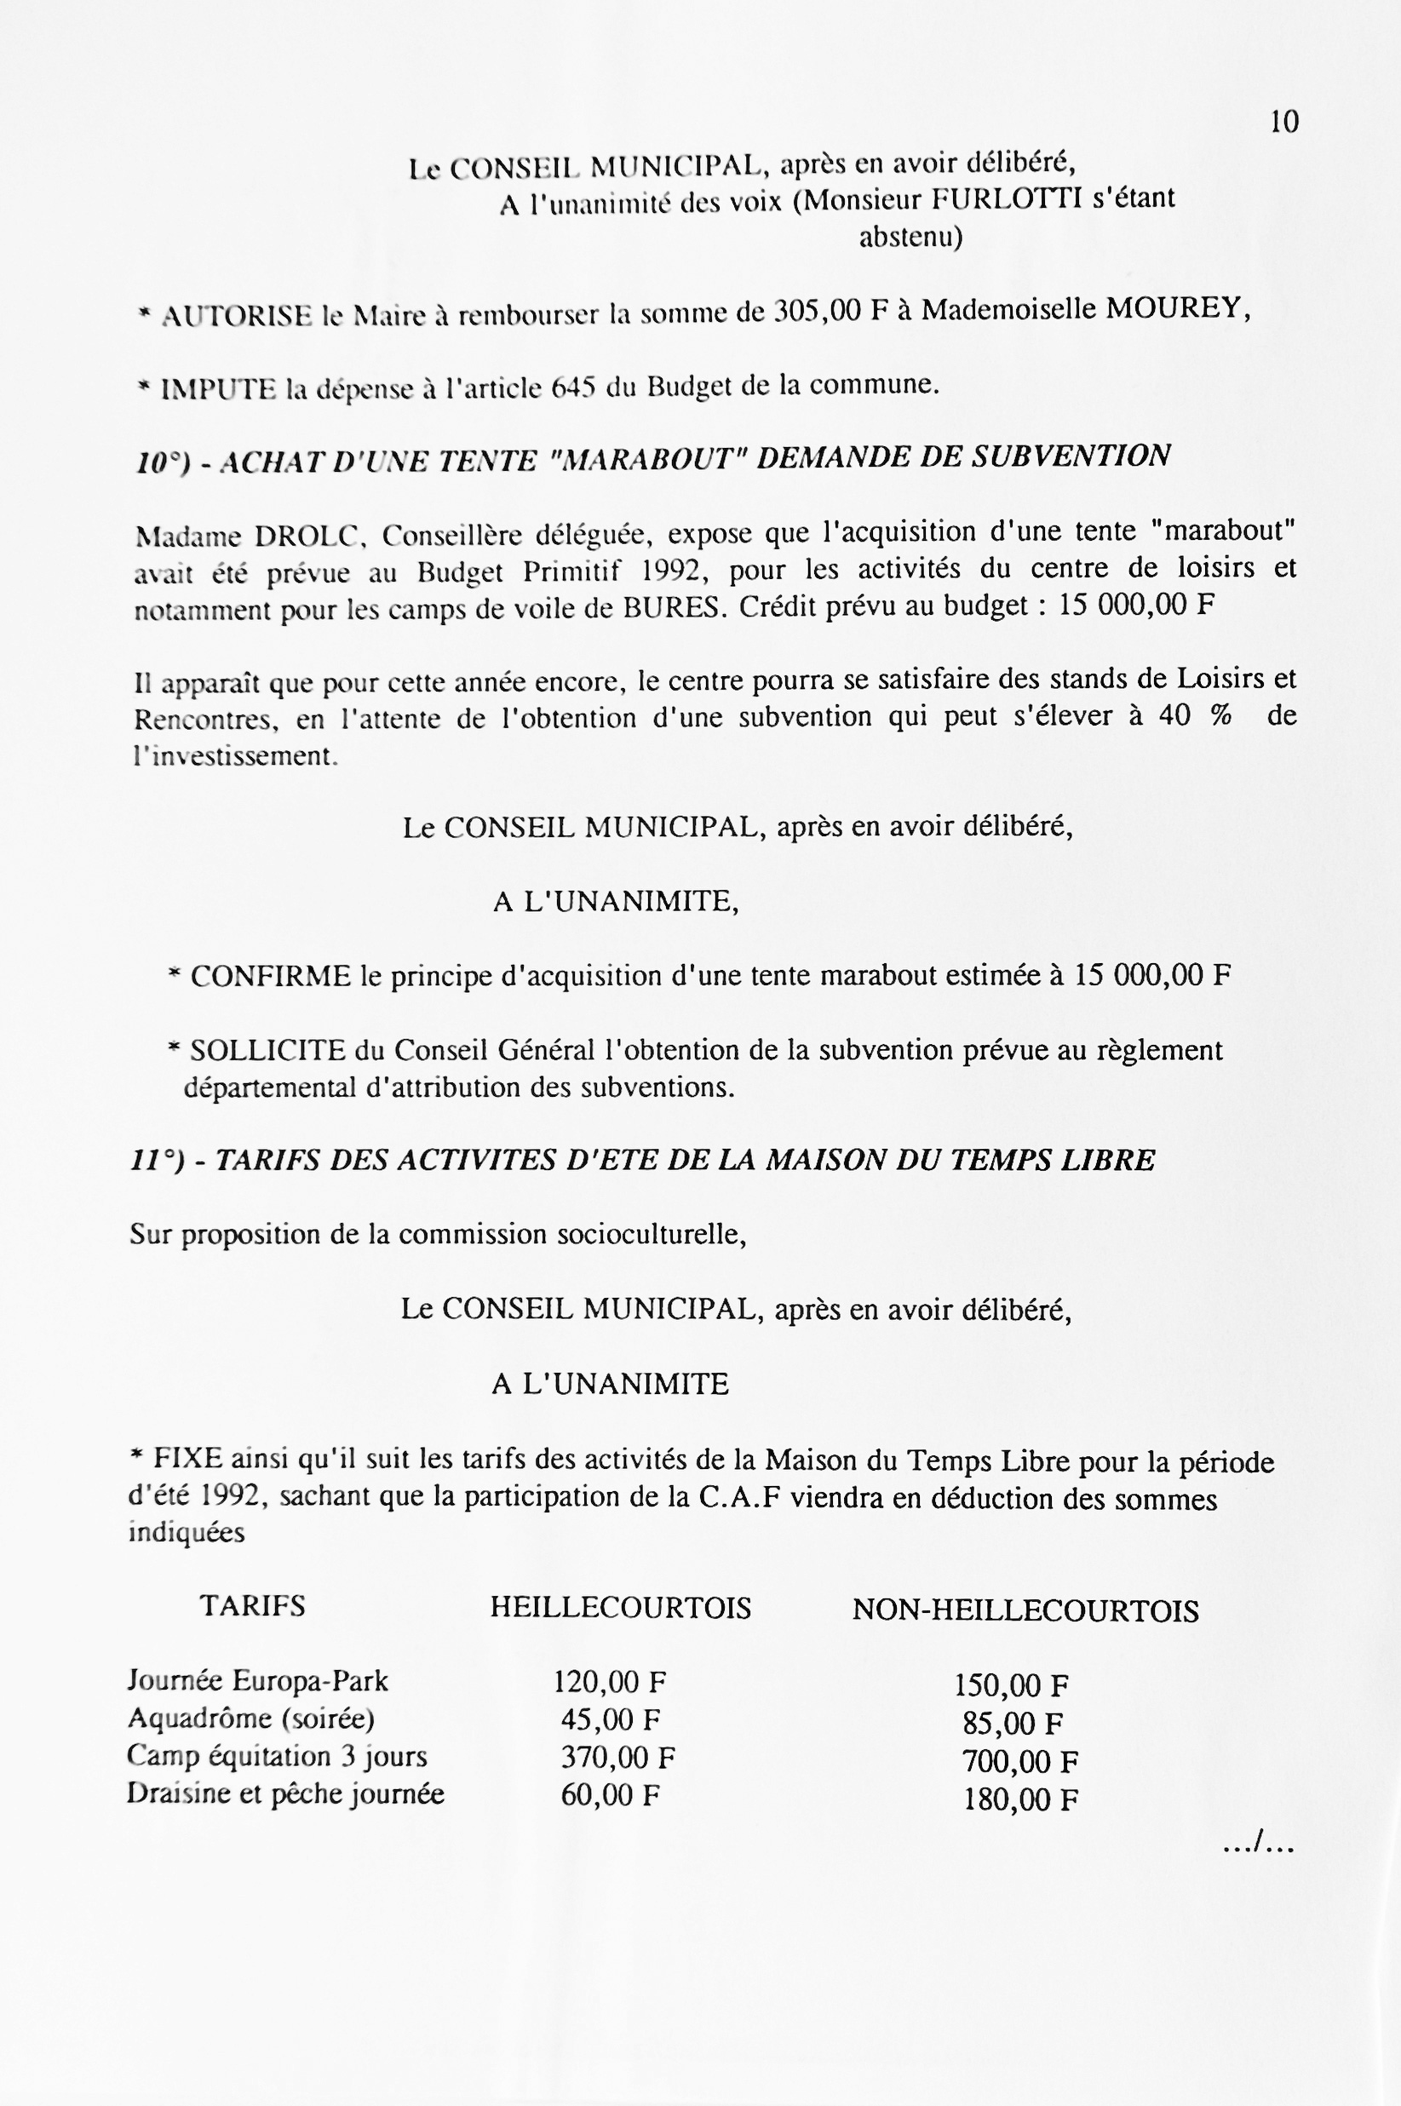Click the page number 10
click(x=1284, y=123)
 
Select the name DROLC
click(x=306, y=537)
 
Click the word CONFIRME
click(x=271, y=976)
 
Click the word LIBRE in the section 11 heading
click(x=1107, y=1161)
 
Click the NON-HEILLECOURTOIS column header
click(x=1025, y=1610)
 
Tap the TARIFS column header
click(x=252, y=1605)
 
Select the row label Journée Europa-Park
click(x=257, y=1681)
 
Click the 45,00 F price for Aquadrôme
click(x=611, y=1719)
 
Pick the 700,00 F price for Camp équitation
click(x=1019, y=1762)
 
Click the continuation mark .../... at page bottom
click(x=1258, y=1844)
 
